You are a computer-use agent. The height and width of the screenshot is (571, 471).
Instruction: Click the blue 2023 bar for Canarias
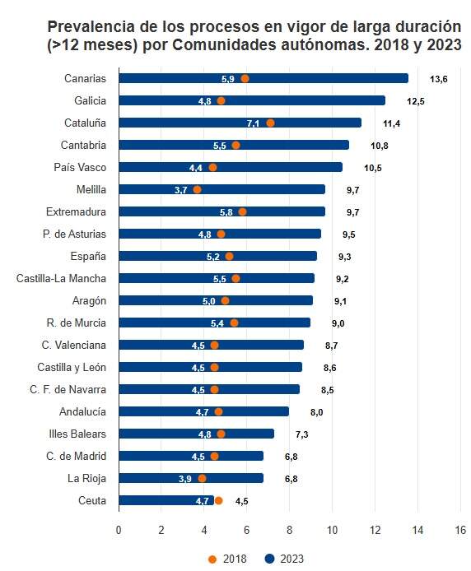(329, 78)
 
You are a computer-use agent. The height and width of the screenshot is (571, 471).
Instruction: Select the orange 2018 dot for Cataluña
(270, 123)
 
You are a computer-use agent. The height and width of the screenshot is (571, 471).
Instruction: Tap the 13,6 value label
(438, 79)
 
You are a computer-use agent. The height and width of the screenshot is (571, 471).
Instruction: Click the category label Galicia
(87, 100)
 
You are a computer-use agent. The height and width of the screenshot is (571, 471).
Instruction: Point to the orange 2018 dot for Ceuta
(218, 500)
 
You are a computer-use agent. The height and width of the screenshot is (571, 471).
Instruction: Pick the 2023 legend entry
(284, 559)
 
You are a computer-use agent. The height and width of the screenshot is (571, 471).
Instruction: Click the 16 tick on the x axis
(460, 529)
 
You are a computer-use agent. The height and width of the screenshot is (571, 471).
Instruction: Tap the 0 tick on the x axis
(119, 529)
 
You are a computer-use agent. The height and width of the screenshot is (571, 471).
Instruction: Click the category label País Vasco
(80, 167)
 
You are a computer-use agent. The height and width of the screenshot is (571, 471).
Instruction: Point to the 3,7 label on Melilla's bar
(181, 190)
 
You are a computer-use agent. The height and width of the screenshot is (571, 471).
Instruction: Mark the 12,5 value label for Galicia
(415, 101)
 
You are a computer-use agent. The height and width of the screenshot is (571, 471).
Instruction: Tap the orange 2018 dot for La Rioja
(202, 478)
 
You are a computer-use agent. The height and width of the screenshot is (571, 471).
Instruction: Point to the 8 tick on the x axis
(289, 529)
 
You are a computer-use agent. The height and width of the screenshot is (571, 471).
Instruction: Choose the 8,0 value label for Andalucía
(316, 412)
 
